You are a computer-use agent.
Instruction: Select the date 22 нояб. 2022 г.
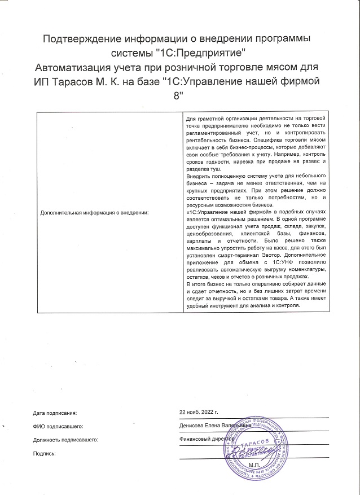(x=198, y=413)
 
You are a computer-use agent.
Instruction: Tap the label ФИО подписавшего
(x=59, y=426)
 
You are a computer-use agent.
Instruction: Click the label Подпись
(x=45, y=453)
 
